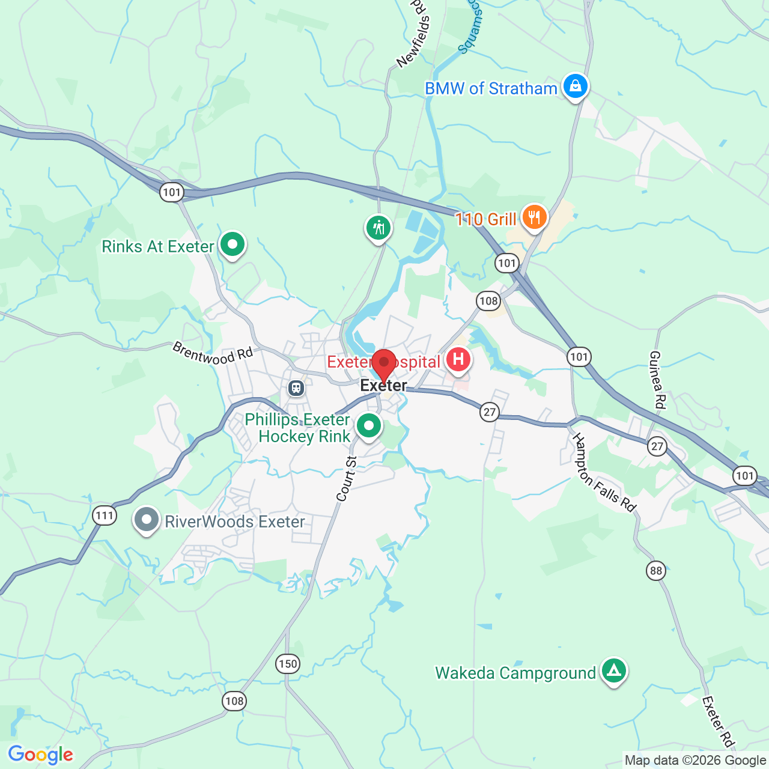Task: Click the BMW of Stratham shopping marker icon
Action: tap(575, 87)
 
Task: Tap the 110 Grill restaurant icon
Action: tap(533, 217)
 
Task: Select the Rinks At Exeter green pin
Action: tap(232, 245)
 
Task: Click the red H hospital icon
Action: tap(458, 360)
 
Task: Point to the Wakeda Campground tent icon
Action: tap(613, 670)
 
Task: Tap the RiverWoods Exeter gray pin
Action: tap(146, 520)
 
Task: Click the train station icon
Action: tap(296, 388)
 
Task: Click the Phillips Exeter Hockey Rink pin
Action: tap(368, 426)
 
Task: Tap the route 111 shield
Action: tap(105, 515)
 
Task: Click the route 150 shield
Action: tap(288, 664)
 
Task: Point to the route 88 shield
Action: tap(656, 570)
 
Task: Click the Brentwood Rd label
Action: tap(213, 353)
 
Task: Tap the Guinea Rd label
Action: tap(657, 380)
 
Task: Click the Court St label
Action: tap(347, 479)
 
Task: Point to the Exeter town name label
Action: tap(383, 385)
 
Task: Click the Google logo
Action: tap(41, 755)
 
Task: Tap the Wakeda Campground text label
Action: tap(515, 673)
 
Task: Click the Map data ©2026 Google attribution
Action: tap(695, 761)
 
